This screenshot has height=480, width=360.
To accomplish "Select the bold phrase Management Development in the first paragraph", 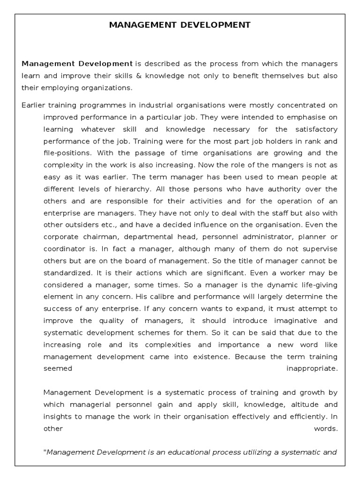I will tap(77, 63).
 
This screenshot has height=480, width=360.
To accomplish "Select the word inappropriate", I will tap(312, 368).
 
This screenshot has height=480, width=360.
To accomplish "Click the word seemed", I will tap(58, 368).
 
